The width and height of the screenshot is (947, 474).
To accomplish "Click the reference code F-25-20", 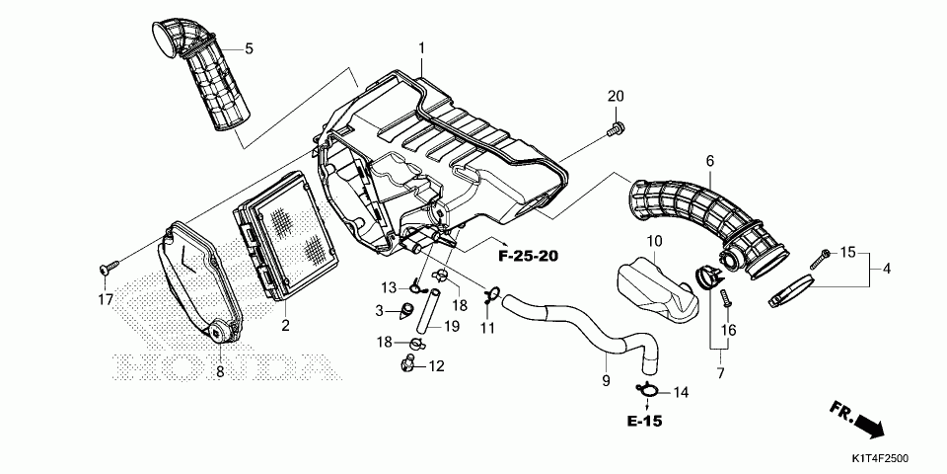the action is [x=528, y=257].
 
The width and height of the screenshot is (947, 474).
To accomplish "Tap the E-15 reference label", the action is [x=644, y=421].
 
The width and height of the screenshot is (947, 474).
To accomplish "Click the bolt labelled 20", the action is [x=616, y=127].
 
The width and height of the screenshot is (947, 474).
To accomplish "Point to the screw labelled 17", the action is [x=109, y=265].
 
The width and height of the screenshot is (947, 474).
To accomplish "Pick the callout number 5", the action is [x=249, y=49].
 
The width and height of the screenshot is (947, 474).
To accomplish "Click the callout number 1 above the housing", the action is [x=422, y=47].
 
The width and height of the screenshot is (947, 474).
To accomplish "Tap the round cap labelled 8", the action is [x=219, y=332].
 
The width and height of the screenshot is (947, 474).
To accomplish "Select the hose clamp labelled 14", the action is [x=647, y=392].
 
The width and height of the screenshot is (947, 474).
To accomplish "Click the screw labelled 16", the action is [x=727, y=298].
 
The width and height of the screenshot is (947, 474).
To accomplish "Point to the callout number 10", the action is [x=655, y=242].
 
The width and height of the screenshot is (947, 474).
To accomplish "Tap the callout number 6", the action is [x=709, y=161].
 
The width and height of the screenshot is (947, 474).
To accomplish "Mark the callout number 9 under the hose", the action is [x=606, y=381].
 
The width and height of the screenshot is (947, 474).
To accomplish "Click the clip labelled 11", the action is [x=490, y=295].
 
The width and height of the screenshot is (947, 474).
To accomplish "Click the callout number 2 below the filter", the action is [x=285, y=326].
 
